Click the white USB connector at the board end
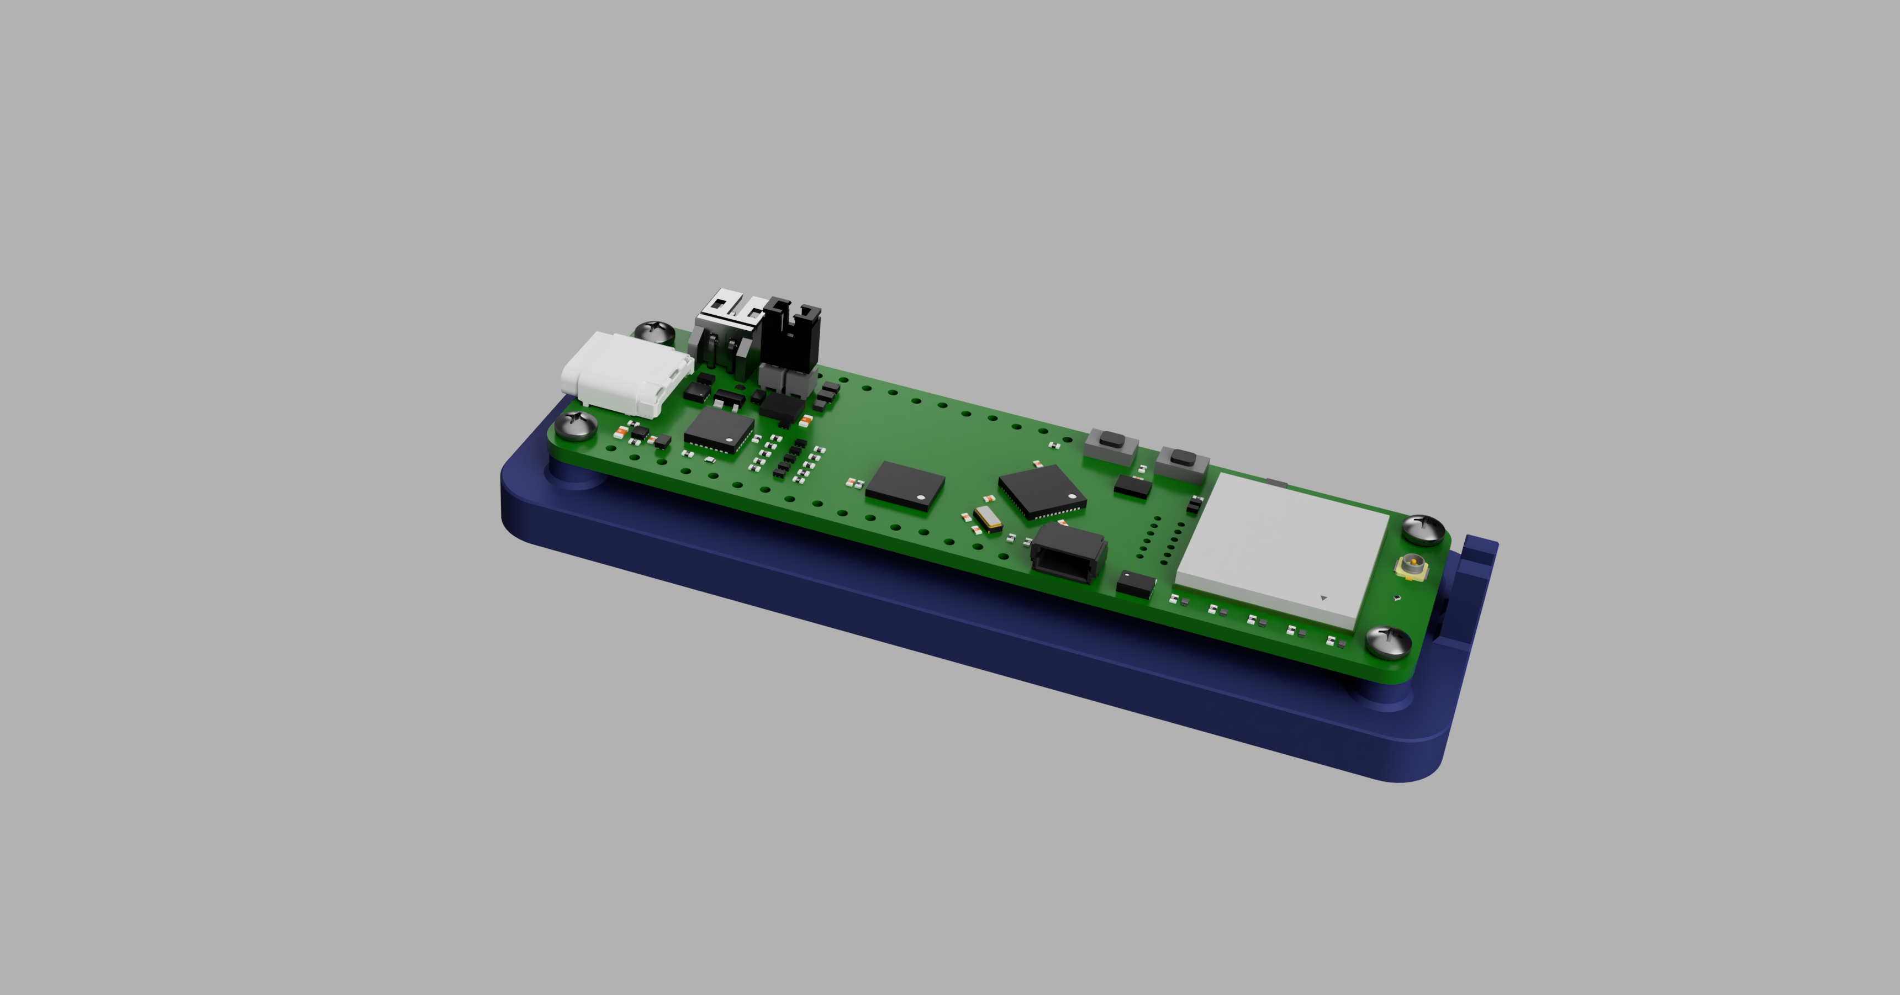tap(627, 373)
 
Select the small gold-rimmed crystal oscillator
tap(986, 518)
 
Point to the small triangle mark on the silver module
tap(1323, 597)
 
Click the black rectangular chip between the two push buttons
tap(1132, 485)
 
